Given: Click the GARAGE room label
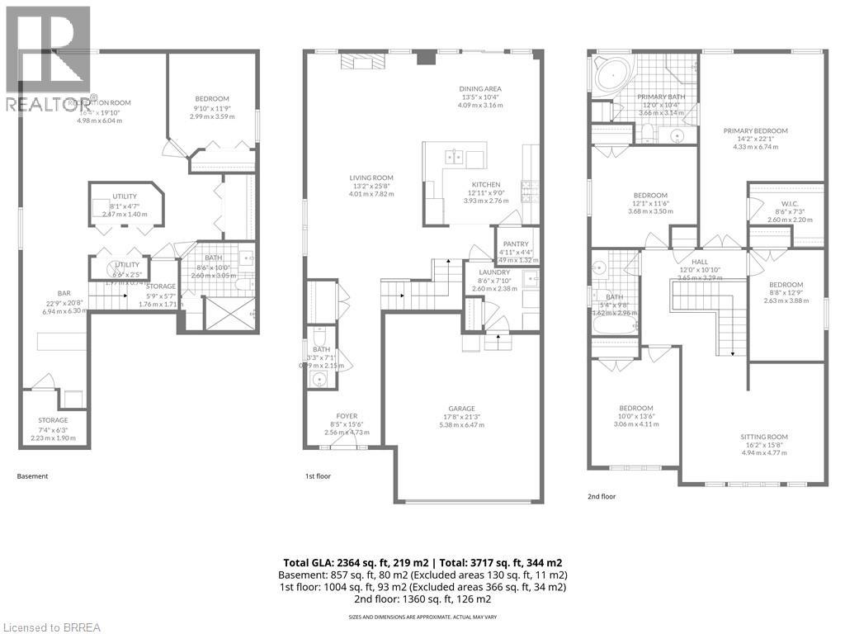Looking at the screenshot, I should pyautogui.click(x=461, y=408).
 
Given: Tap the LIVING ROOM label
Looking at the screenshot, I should pyautogui.click(x=371, y=177).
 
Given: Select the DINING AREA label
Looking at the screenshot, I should pyautogui.click(x=480, y=89).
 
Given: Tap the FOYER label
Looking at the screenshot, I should pyautogui.click(x=347, y=415).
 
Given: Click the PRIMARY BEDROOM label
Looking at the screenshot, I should pyautogui.click(x=755, y=130).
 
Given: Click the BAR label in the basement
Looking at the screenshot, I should pyautogui.click(x=64, y=293).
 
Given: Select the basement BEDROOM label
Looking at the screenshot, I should pyautogui.click(x=212, y=99).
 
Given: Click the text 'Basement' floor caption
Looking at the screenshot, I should pyautogui.click(x=33, y=476).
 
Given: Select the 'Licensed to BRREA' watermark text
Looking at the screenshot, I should pyautogui.click(x=51, y=627).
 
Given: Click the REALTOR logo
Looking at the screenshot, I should pyautogui.click(x=46, y=58).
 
